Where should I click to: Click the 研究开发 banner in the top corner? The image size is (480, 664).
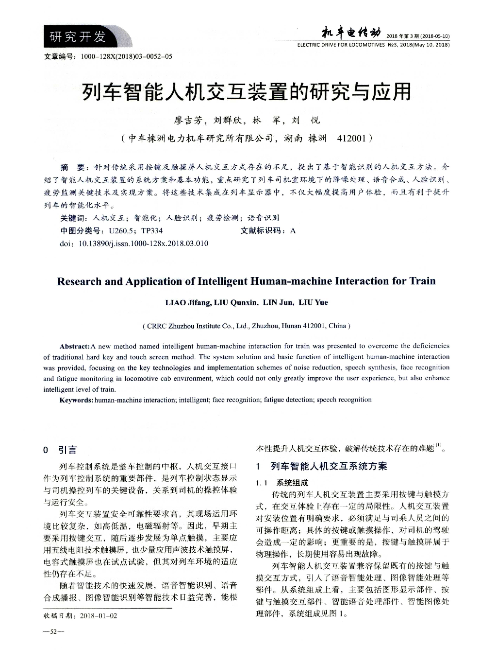(x=78, y=36)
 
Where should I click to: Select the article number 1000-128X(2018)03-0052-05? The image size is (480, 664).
(x=127, y=56)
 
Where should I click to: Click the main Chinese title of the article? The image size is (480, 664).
(x=246, y=91)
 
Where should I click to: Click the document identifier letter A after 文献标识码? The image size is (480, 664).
(x=293, y=230)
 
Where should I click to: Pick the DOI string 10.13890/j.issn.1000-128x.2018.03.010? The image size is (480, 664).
(x=143, y=243)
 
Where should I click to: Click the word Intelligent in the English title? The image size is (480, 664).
(x=223, y=281)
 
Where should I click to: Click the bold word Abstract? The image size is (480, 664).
(x=74, y=347)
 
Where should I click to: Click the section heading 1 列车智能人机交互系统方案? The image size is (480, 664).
(x=322, y=467)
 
